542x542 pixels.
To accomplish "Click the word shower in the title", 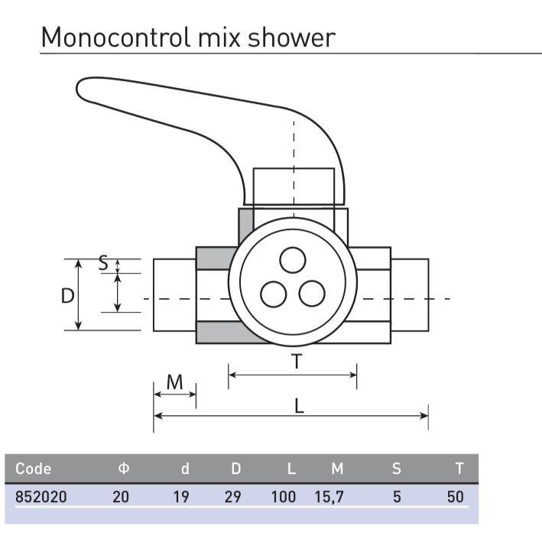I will pyautogui.click(x=292, y=37).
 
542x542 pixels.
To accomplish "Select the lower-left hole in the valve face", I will pyautogui.click(x=273, y=294).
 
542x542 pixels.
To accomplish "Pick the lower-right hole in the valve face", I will pyautogui.click(x=311, y=294).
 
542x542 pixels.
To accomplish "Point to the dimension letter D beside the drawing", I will pyautogui.click(x=68, y=296).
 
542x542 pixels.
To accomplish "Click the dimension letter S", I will pyautogui.click(x=103, y=265).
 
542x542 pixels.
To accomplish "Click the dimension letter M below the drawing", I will pyautogui.click(x=175, y=381).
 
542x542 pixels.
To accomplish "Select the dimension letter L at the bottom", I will pyautogui.click(x=300, y=406).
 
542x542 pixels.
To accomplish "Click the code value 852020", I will pyautogui.click(x=41, y=497).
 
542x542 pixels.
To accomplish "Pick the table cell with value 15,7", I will pyautogui.click(x=329, y=497).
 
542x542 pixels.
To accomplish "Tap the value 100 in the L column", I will pyautogui.click(x=283, y=497).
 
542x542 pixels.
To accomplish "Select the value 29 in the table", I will pyautogui.click(x=232, y=497).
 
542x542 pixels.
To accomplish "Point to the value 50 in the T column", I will pyautogui.click(x=456, y=497).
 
